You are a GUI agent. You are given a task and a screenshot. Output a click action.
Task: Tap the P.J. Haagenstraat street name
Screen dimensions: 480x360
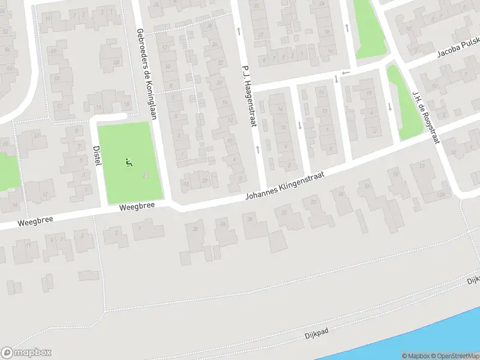(248, 97)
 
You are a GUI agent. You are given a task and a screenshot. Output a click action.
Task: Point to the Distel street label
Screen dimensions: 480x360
(97, 155)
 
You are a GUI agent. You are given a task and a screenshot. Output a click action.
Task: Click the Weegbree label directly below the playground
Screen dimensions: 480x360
(137, 205)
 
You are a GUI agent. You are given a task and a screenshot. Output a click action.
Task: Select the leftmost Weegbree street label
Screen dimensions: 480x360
(35, 220)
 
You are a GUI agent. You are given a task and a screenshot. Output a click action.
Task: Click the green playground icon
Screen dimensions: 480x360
(128, 162)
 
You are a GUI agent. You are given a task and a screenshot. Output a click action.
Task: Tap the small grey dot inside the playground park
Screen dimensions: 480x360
(144, 175)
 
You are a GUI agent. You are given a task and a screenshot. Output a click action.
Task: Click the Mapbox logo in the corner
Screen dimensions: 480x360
(27, 353)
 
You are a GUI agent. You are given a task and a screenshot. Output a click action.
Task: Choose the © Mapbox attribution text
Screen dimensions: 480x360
(415, 356)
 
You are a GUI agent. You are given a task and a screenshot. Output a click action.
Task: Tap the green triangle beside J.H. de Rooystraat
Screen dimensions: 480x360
(401, 102)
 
